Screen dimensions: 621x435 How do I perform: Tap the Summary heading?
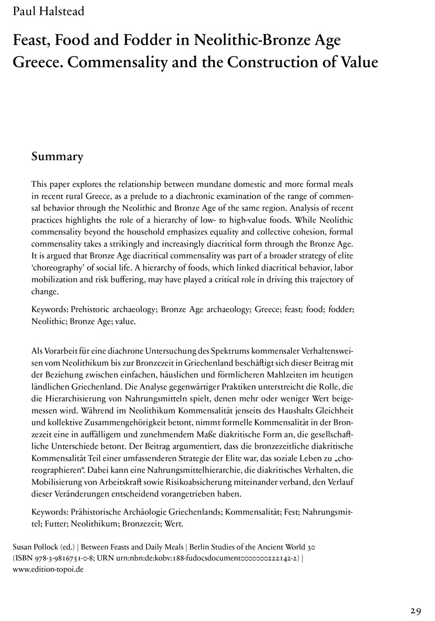click(x=57, y=157)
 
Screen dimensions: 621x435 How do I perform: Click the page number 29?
click(x=415, y=610)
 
